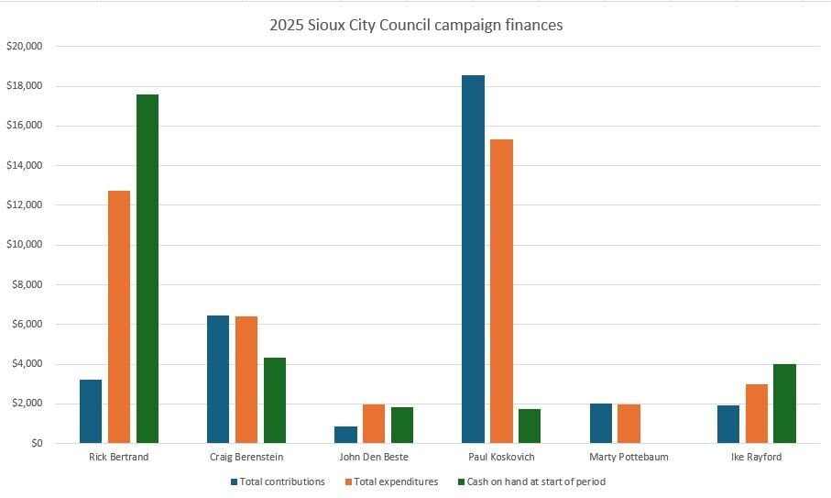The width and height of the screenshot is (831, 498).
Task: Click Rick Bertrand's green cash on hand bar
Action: (x=147, y=269)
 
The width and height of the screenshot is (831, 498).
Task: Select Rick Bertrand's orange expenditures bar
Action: (x=119, y=316)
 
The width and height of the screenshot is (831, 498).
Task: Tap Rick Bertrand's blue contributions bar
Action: (x=91, y=411)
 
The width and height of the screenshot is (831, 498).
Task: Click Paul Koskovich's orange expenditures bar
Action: (x=501, y=291)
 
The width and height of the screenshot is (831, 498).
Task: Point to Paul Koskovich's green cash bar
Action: (x=530, y=426)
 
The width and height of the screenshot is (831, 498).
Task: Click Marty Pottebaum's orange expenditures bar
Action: (x=629, y=423)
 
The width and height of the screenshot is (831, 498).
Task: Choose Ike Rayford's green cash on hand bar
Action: (x=784, y=404)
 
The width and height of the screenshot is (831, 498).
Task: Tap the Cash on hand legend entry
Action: (x=534, y=481)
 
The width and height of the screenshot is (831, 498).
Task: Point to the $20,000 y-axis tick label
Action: (x=26, y=46)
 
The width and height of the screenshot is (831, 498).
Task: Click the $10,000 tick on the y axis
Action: (x=26, y=245)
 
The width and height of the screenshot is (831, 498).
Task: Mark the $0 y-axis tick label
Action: (x=35, y=443)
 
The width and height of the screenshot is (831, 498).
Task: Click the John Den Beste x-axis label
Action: (x=373, y=457)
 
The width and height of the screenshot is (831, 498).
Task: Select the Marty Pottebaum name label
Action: (x=629, y=457)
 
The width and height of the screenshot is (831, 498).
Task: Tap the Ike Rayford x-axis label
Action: (x=756, y=457)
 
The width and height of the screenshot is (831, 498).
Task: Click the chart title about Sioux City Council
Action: (x=416, y=25)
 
